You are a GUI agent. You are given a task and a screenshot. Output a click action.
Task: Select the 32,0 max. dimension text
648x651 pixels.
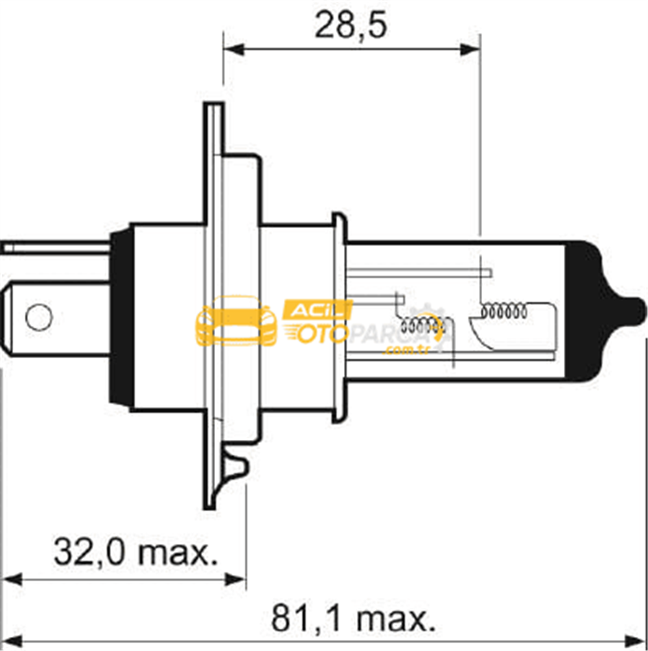(136, 552)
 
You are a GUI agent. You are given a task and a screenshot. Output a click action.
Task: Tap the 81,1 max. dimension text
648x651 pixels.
(354, 618)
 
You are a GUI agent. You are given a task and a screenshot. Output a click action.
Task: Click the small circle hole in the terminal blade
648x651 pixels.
(39, 317)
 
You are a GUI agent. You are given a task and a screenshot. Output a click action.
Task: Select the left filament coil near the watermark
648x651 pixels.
(422, 326)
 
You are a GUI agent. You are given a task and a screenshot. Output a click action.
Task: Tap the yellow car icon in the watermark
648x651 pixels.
(236, 321)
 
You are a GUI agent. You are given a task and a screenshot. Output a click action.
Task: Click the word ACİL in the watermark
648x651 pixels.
(318, 310)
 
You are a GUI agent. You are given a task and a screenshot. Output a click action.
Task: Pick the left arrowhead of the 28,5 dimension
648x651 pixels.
(233, 51)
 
